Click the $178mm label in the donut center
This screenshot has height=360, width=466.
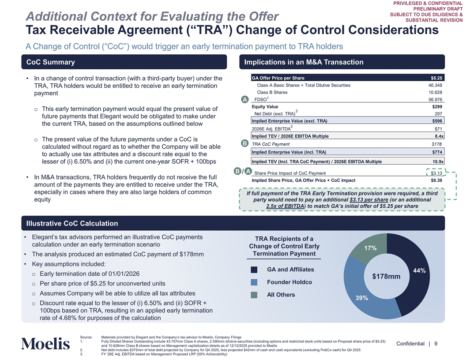tap(386, 277)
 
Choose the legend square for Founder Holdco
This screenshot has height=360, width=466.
tap(254, 282)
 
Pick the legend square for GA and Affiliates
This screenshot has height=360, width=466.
tap(254, 270)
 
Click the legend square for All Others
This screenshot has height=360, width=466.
tap(254, 295)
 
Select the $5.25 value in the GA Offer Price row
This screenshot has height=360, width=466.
tap(436, 78)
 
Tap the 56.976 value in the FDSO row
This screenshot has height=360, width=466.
tap(435, 100)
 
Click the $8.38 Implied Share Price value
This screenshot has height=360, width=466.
tap(436, 180)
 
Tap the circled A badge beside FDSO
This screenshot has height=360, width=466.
tap(244, 100)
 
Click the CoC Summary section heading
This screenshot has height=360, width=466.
tap(51, 62)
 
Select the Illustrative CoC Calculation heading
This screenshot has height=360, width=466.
tap(72, 223)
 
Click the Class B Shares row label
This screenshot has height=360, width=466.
tap(272, 92)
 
